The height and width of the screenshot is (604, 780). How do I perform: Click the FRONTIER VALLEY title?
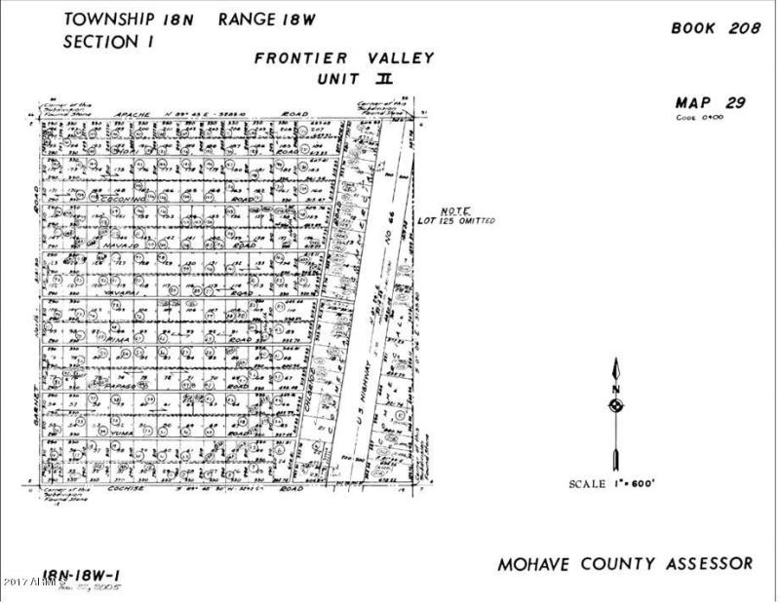[344, 57]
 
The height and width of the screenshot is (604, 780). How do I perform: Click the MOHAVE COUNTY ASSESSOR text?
[625, 563]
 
